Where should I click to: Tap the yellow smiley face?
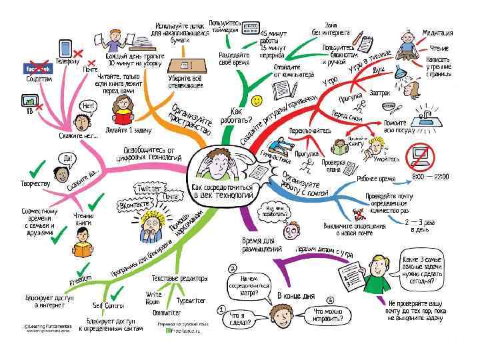coord(257,100)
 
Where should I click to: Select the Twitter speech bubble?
coord(149,189)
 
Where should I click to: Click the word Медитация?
coord(438,32)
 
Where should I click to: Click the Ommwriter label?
coord(167,312)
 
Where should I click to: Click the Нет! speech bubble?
coord(87,105)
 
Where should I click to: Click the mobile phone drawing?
coord(66,48)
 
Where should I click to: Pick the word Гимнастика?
coord(274,161)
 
